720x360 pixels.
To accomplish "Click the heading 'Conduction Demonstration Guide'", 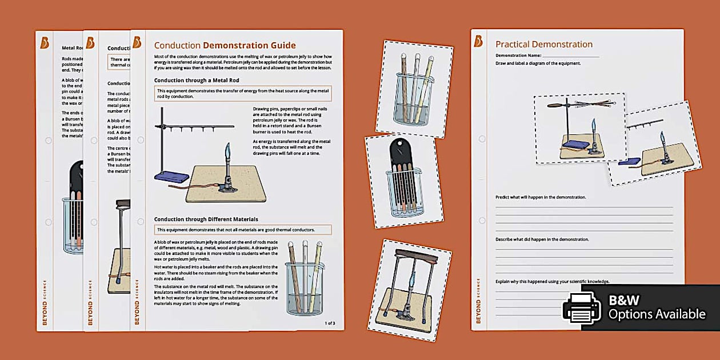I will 225,45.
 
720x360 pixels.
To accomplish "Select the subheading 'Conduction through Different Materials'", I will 206,219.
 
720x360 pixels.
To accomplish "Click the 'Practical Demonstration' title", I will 543,44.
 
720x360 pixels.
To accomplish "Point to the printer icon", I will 582,308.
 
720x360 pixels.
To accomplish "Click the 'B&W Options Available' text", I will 656,307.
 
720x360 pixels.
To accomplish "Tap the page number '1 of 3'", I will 330,323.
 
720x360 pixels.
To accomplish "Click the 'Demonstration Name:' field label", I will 518,55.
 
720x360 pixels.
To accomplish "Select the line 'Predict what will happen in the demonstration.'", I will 541,197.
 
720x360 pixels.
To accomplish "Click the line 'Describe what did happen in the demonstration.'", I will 542,239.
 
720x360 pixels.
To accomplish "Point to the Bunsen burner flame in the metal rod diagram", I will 227,152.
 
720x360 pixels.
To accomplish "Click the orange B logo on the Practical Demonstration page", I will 478,41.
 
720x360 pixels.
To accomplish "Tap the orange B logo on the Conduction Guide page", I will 137,42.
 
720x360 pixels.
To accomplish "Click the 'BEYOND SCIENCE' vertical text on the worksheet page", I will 479,301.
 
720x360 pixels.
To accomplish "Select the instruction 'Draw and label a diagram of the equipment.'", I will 538,63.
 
